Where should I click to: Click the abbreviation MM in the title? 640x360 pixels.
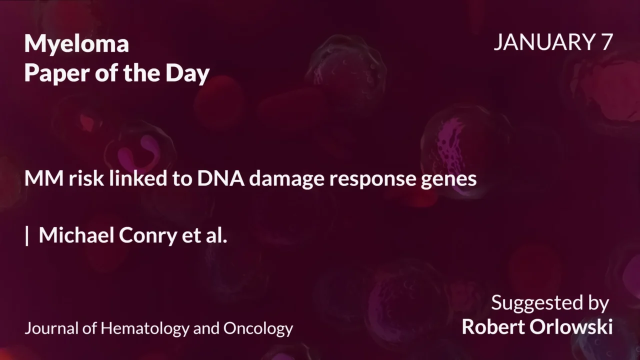click(x=43, y=178)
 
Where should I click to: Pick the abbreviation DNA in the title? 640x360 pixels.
click(x=220, y=178)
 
